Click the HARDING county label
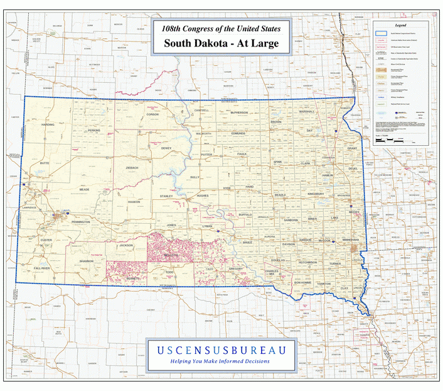coord(48,124)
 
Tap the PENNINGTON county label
coord(80,222)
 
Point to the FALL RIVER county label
coord(41,268)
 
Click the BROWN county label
coord(276,121)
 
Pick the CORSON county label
coord(152,114)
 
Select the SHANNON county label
coord(86,260)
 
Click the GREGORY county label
coord(236,268)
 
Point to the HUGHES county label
coord(203,196)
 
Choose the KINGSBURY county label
coord(317,194)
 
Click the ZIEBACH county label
coord(132,168)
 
